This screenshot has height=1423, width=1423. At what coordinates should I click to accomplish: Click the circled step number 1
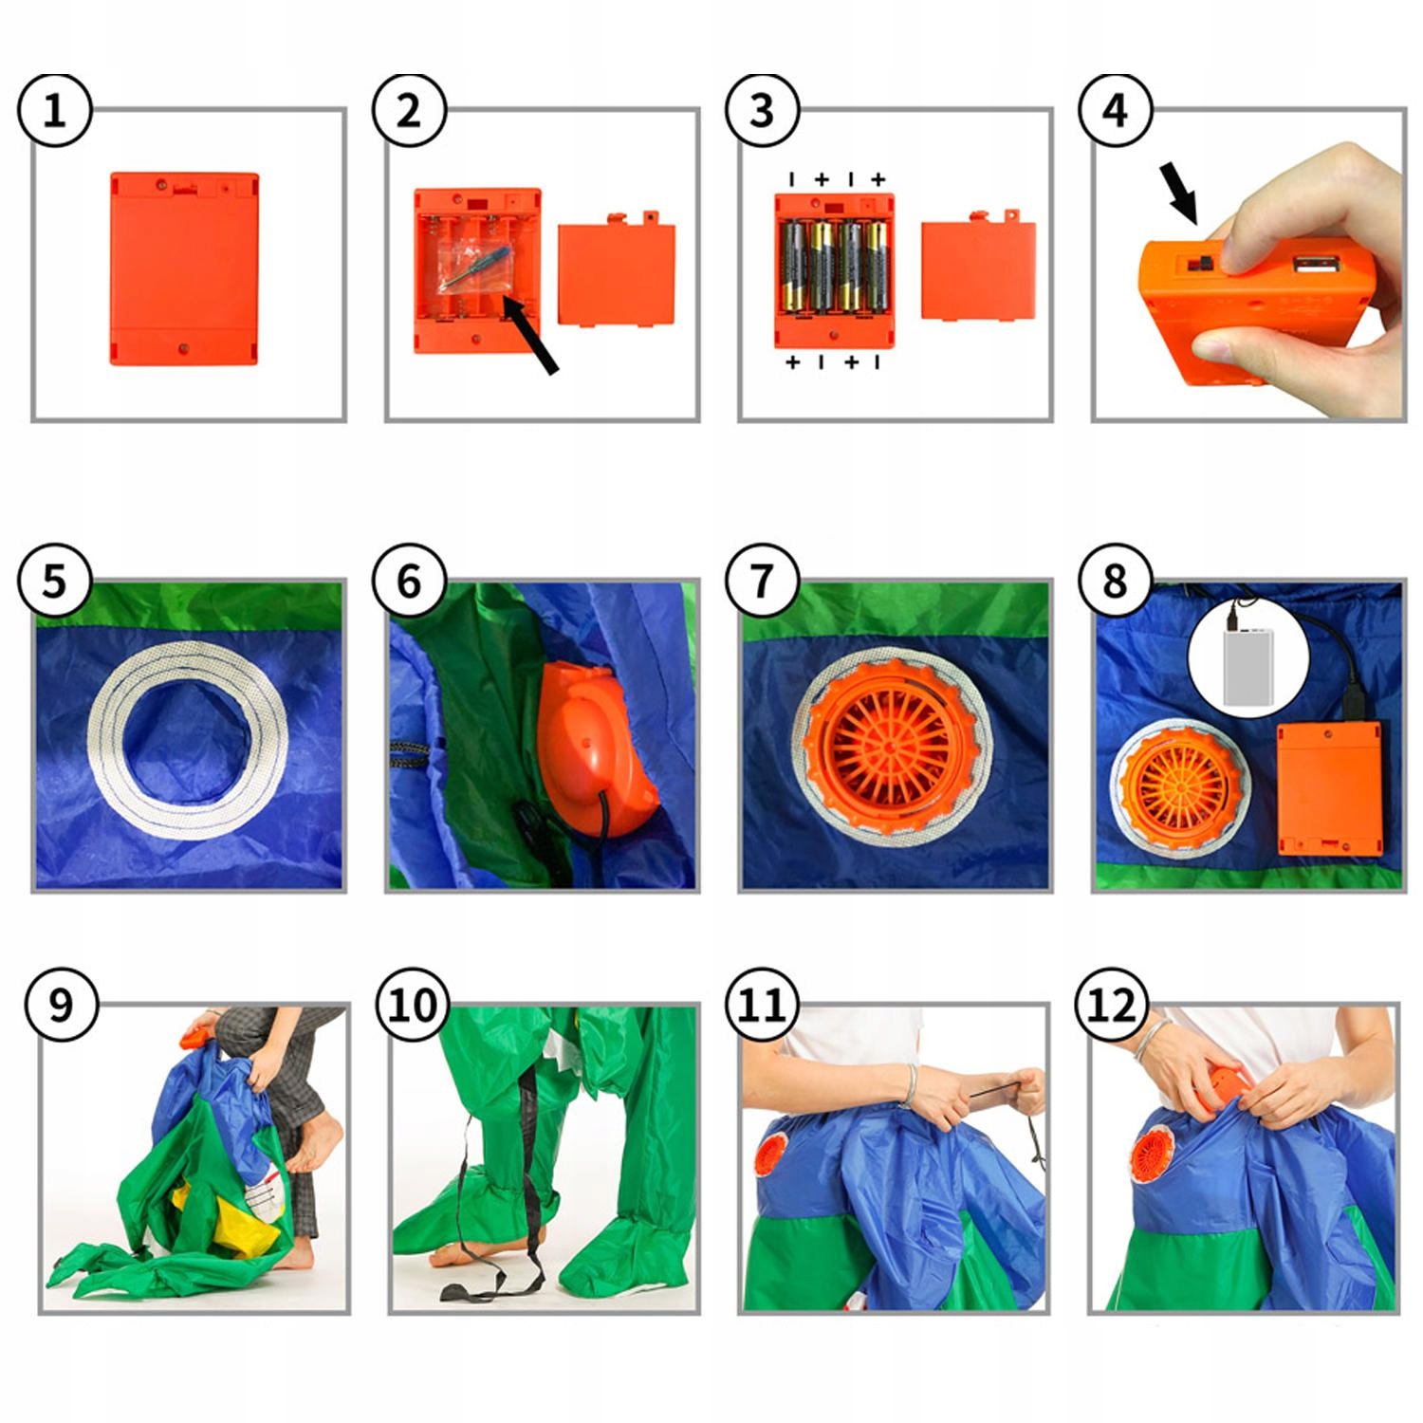coord(55,111)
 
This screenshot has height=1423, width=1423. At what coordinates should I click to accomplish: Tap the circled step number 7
coord(762,581)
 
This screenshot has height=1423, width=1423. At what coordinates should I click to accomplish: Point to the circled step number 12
coord(1112,1005)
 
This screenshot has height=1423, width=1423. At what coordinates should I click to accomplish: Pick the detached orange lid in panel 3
coord(978,268)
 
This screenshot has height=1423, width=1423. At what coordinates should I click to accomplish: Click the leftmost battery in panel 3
coord(794,267)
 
